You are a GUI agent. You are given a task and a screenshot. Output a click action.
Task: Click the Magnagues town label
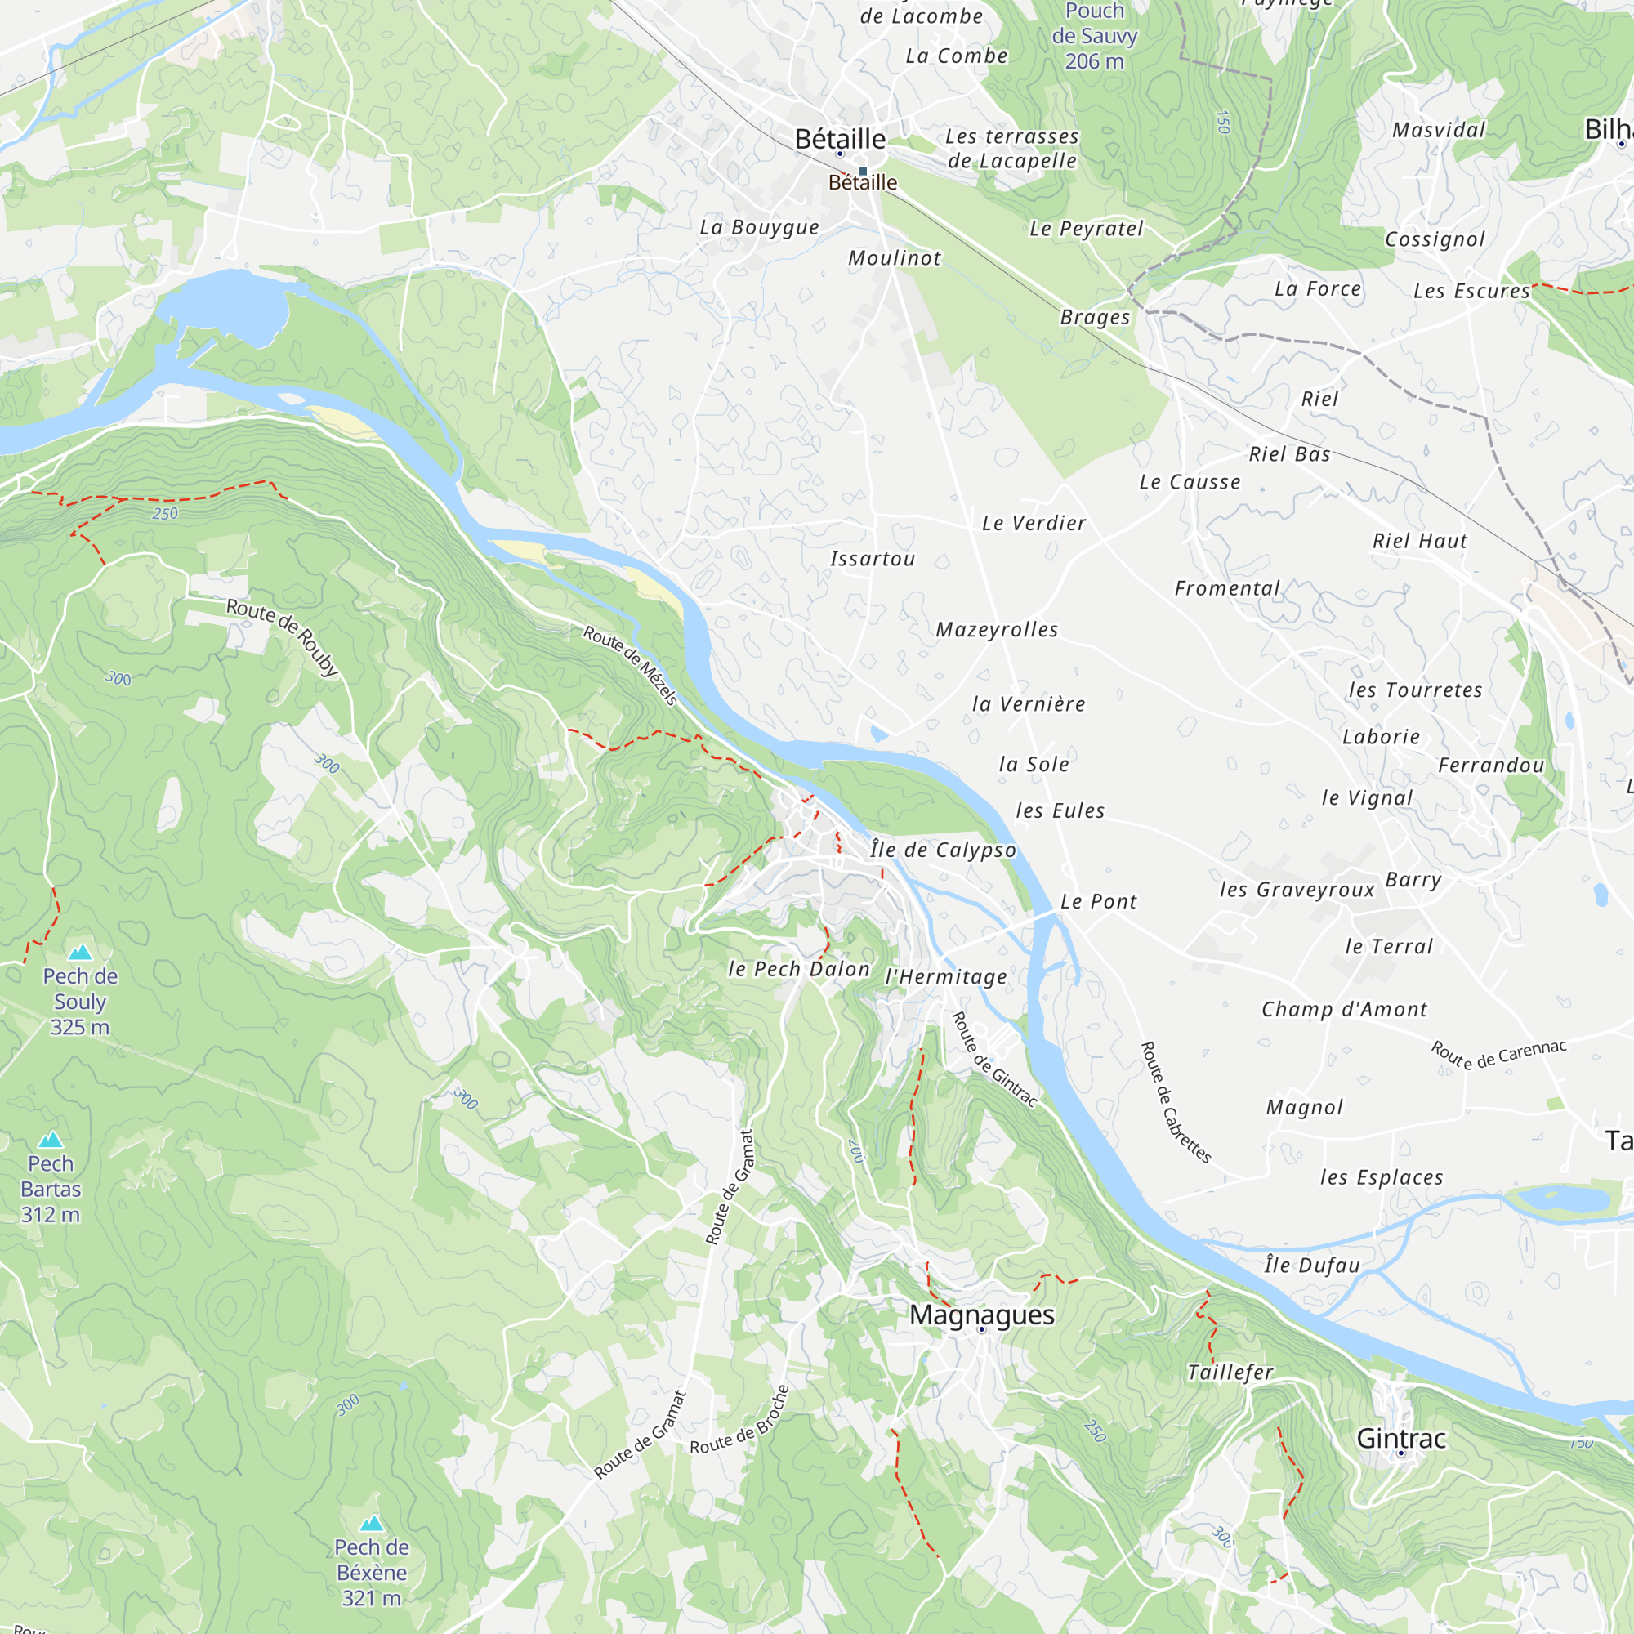pos(982,1315)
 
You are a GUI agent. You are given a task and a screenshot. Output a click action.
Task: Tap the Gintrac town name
pos(1401,1439)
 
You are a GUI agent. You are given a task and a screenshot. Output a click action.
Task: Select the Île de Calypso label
pos(943,850)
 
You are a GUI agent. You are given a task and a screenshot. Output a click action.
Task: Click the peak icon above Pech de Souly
pos(80,953)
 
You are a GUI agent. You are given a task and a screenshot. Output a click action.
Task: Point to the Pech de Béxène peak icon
pos(371,1524)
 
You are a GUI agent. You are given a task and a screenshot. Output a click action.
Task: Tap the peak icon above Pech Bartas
pos(51,1140)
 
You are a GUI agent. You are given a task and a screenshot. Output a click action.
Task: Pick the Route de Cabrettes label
pos(1176,1102)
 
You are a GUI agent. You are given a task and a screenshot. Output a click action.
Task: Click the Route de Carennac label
pos(1498,1055)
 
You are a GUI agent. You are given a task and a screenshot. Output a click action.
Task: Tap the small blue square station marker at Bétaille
pos(863,172)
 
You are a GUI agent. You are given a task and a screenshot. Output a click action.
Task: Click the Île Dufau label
pos(1312,1266)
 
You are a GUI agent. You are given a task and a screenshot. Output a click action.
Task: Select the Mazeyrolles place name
pos(997,629)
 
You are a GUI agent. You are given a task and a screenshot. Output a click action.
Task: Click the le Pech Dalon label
pos(799,969)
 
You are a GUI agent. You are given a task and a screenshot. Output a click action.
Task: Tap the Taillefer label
pos(1230,1373)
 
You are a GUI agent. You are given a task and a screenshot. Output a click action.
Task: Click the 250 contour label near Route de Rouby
pos(165,513)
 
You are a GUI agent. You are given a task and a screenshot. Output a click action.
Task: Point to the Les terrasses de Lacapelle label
pos(1011,148)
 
